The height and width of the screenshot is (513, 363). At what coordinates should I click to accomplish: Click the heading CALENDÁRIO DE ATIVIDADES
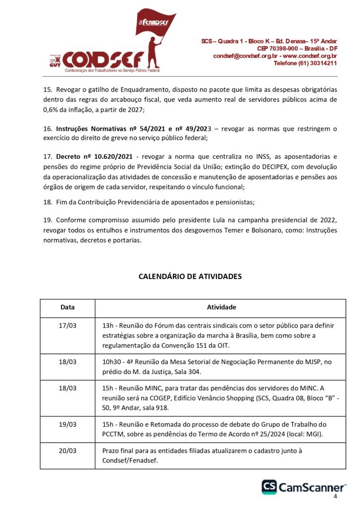190,277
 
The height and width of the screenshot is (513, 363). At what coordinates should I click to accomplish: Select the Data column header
68,307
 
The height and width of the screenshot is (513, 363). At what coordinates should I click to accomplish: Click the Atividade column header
221,307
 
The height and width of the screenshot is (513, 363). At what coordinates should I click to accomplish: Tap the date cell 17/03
68,326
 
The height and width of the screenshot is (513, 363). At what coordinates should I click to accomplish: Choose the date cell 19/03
68,424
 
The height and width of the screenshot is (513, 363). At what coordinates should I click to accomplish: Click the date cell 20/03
68,451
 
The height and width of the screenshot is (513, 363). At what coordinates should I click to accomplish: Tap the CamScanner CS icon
269,487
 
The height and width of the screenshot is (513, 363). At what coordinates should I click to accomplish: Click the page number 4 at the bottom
335,496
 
